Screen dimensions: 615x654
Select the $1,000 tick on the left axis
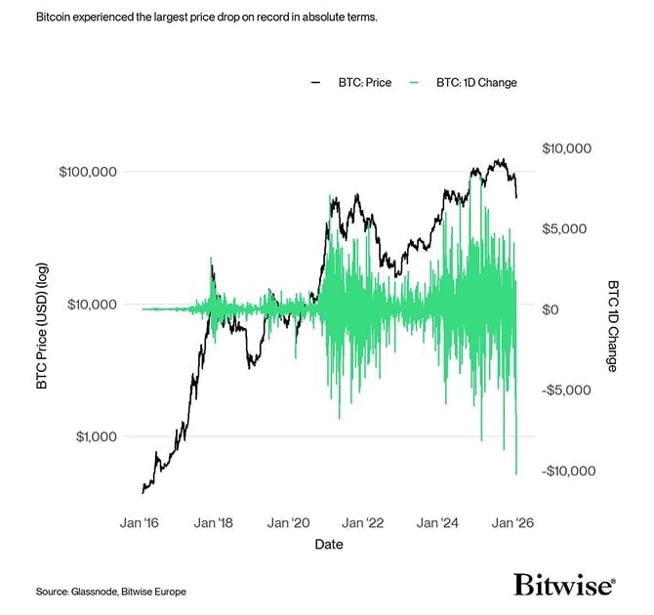pos(97,436)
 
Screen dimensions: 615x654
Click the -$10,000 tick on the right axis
pos(566,471)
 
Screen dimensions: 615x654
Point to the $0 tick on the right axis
pos(550,309)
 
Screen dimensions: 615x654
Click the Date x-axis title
pos(328,545)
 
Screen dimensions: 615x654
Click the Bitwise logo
pos(564,585)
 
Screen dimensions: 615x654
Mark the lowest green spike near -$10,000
pos(515,472)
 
